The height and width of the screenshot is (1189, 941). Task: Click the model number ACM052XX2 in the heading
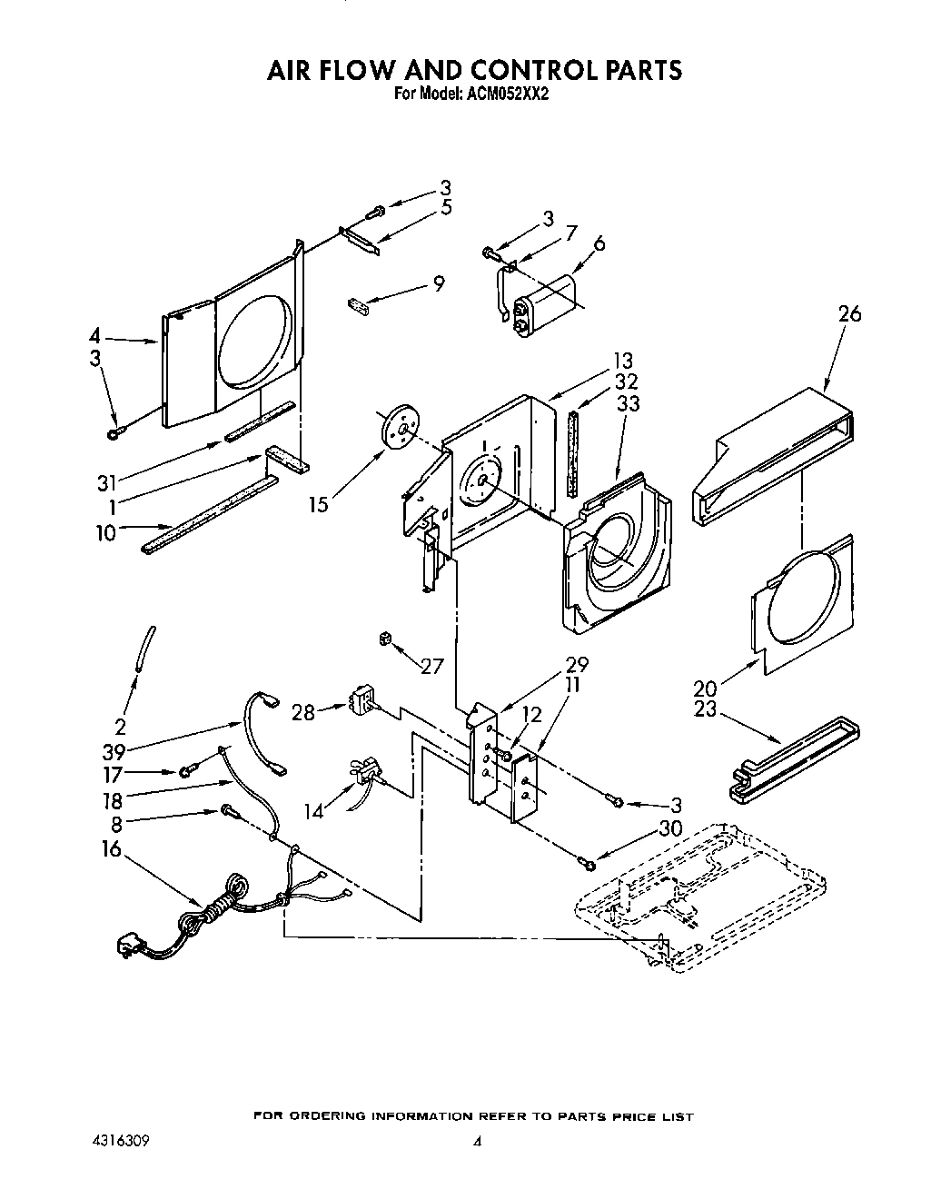tap(506, 92)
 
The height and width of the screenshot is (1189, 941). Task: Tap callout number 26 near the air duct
tap(849, 314)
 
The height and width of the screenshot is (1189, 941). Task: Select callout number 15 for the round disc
tap(318, 505)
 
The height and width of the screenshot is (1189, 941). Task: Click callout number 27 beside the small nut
tap(432, 666)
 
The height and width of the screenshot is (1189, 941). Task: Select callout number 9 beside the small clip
tap(439, 283)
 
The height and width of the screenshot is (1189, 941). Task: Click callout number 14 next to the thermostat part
tap(314, 810)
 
